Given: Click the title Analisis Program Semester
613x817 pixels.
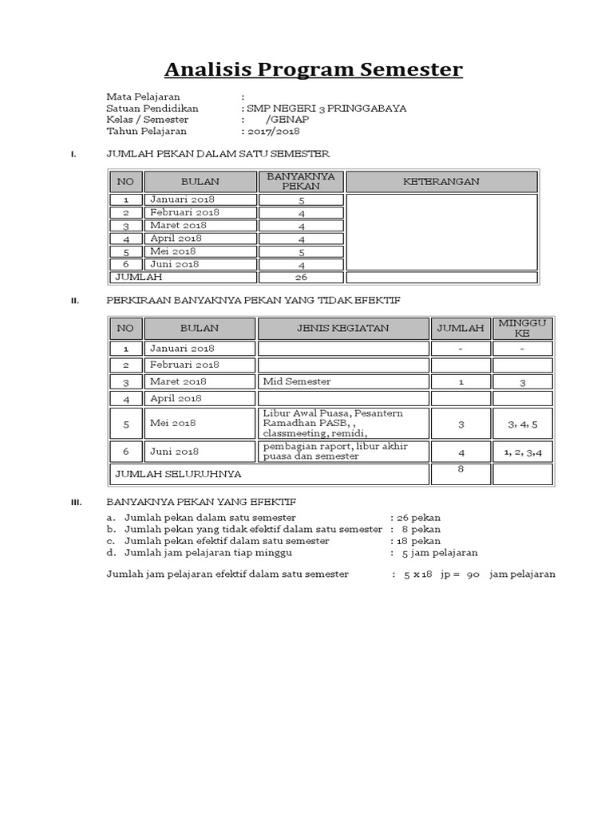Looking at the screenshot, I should pos(313,70).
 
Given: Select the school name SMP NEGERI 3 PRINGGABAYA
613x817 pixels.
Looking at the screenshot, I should pos(326,109).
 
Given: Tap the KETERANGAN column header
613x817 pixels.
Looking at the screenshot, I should pos(441,181).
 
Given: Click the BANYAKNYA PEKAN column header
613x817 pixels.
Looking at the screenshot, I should pos(301,181).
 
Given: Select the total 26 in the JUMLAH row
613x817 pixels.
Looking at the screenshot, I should pos(301,278).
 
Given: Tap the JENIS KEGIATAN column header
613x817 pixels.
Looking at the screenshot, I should pos(342,328).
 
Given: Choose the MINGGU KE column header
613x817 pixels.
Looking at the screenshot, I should pos(522,327).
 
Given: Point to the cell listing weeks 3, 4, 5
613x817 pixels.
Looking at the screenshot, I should pos(523,424).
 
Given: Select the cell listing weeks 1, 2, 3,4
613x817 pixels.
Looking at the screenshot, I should pos(523,452).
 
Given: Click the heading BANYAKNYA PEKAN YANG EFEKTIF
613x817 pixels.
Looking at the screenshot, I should pos(201,502).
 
